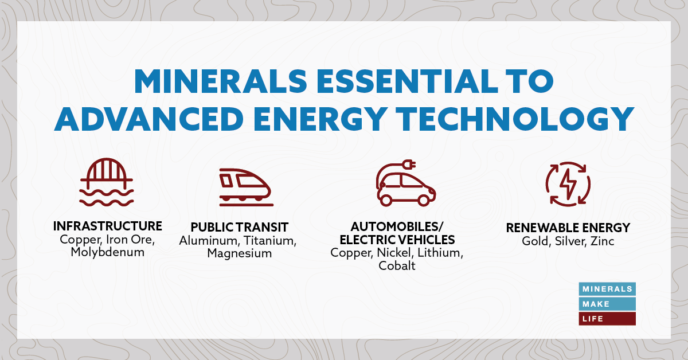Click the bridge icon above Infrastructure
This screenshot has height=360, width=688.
(x=107, y=182)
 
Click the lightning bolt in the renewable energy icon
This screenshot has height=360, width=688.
(x=568, y=183)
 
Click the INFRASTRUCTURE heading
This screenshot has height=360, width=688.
(x=107, y=226)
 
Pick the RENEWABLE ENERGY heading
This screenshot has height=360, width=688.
(x=568, y=228)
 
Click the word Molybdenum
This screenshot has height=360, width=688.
(x=107, y=252)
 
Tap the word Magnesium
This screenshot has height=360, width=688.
(x=239, y=253)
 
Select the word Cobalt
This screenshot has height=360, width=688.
(x=397, y=266)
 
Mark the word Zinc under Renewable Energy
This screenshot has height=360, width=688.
(x=601, y=241)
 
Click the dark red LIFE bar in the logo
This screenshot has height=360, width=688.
(x=607, y=319)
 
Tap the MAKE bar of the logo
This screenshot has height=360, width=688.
(x=607, y=304)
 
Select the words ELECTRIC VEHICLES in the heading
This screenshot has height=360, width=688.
(x=396, y=239)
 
